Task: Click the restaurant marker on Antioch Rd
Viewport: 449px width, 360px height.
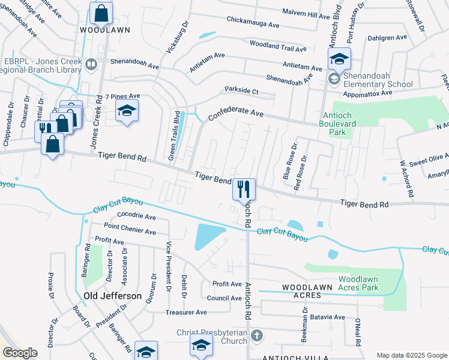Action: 244,190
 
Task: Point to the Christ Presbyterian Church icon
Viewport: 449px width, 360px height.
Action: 256,335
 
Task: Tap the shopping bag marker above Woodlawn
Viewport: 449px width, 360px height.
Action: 101,13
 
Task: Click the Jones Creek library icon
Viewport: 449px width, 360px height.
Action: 91,64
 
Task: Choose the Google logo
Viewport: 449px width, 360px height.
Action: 20,353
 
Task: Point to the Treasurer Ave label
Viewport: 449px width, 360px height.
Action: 186,313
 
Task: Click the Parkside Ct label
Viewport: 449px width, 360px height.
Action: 241,91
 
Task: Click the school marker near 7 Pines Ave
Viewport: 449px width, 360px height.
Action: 127,110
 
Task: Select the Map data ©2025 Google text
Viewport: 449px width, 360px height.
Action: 412,355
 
